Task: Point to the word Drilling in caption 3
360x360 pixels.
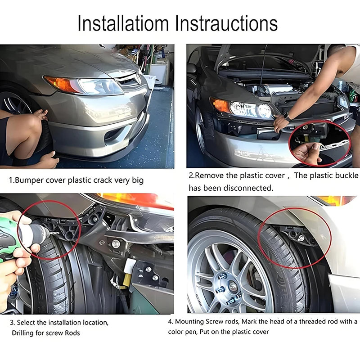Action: [23, 333]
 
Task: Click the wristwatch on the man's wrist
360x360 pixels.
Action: [287, 117]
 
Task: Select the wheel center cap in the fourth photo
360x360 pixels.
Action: [233, 286]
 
